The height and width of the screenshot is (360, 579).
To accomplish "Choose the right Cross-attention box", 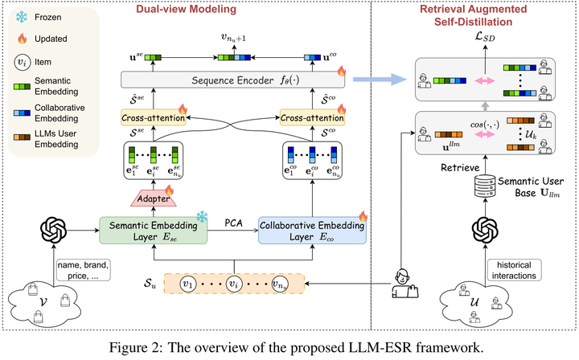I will pos(311,117).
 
